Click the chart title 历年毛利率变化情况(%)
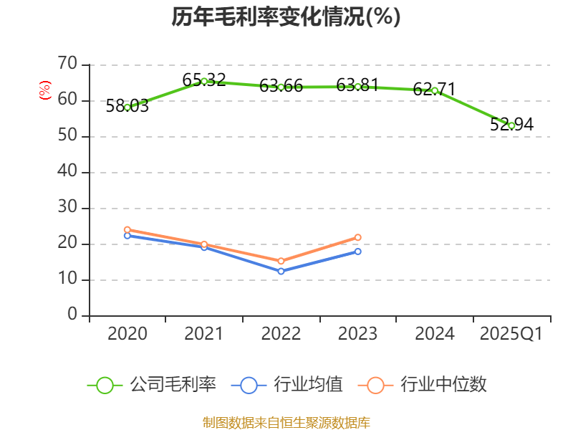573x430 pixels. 286,17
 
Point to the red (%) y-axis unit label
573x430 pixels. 45,91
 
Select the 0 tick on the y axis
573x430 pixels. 72,315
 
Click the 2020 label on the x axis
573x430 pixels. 127,334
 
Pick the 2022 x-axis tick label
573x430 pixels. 281,334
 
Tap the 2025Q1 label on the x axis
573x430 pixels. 511,334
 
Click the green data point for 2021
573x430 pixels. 204,81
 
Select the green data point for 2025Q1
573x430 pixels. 511,125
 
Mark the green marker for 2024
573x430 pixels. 435,90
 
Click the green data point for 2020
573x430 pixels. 127,107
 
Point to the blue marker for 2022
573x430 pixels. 281,271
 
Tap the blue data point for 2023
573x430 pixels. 358,251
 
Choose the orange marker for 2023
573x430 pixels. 358,237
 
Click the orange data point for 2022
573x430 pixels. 281,261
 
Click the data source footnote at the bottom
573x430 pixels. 286,422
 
